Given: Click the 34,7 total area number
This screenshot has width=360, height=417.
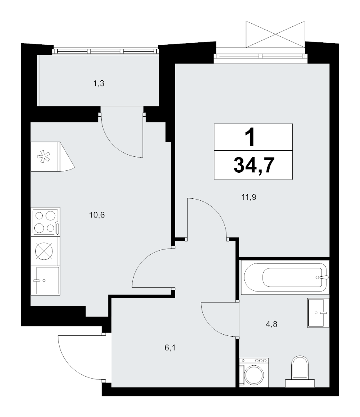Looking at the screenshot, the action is click(x=254, y=165).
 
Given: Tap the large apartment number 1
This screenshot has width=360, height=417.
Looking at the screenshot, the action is click(x=251, y=137).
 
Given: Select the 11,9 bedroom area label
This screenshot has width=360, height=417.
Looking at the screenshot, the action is click(x=249, y=198).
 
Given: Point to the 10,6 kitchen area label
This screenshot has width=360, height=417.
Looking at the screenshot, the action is click(x=97, y=215).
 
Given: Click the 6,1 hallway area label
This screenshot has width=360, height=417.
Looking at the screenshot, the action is click(x=170, y=347).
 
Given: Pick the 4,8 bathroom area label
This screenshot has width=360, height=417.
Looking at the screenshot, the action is click(x=271, y=324).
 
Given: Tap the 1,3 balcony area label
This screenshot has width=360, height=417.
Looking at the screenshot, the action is click(x=99, y=84).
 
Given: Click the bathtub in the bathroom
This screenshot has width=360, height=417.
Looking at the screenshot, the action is click(x=285, y=277).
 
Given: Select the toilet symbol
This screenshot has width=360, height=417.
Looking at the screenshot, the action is click(x=300, y=371).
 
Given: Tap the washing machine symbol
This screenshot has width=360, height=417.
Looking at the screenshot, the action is click(x=254, y=373).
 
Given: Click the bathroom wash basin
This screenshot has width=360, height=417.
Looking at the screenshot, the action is click(x=318, y=313).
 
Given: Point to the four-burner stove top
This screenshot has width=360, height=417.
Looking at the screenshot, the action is click(x=45, y=222).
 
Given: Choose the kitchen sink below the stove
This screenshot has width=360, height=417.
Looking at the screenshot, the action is click(x=45, y=280).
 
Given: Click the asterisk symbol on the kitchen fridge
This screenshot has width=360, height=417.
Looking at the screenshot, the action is click(x=44, y=156).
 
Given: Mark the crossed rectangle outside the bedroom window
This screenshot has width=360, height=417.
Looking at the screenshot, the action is click(x=275, y=34).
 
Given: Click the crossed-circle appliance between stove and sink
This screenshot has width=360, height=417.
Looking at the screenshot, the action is click(x=44, y=251).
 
